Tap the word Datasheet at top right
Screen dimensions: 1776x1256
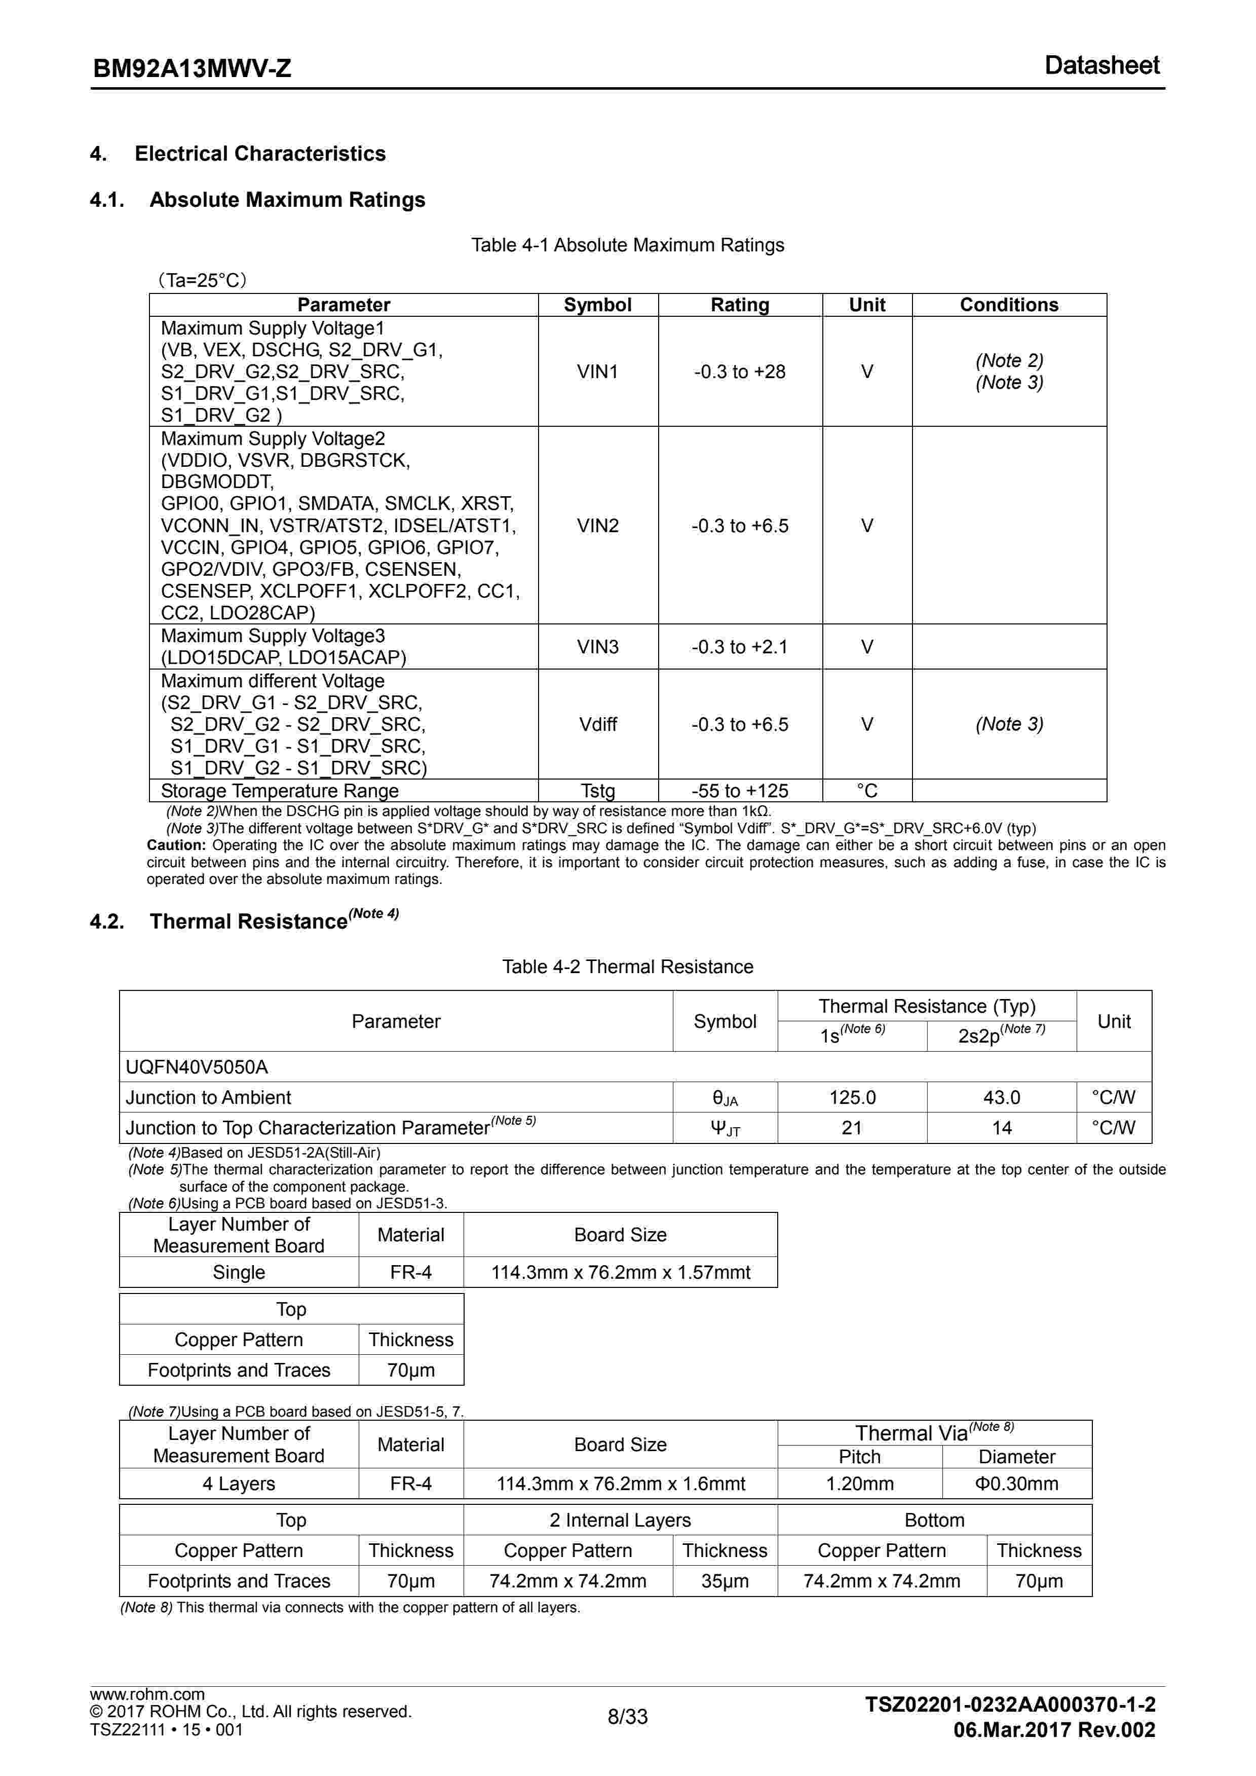pyautogui.click(x=1101, y=66)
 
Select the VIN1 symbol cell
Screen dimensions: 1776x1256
pyautogui.click(x=598, y=372)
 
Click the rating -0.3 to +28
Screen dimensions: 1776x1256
pyautogui.click(x=739, y=372)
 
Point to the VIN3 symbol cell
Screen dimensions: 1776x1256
pyautogui.click(x=598, y=647)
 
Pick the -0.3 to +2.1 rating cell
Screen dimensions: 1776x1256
pyautogui.click(x=739, y=647)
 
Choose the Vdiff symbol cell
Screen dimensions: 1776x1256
pyautogui.click(x=598, y=724)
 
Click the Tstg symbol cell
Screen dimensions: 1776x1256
pyautogui.click(x=598, y=791)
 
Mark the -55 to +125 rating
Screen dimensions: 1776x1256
pyautogui.click(x=739, y=791)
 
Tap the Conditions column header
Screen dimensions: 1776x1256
pyautogui.click(x=1009, y=305)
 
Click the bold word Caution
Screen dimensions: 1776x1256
pyautogui.click(x=176, y=845)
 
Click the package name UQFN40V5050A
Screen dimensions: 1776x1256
pyautogui.click(x=197, y=1067)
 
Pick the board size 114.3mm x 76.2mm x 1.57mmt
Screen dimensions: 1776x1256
pyautogui.click(x=620, y=1272)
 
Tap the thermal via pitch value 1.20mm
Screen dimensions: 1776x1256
pyautogui.click(x=859, y=1484)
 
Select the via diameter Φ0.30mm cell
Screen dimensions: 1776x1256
pyautogui.click(x=1016, y=1484)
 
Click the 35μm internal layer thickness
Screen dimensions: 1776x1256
pyautogui.click(x=725, y=1581)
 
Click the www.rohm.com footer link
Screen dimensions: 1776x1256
pyautogui.click(x=147, y=1694)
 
